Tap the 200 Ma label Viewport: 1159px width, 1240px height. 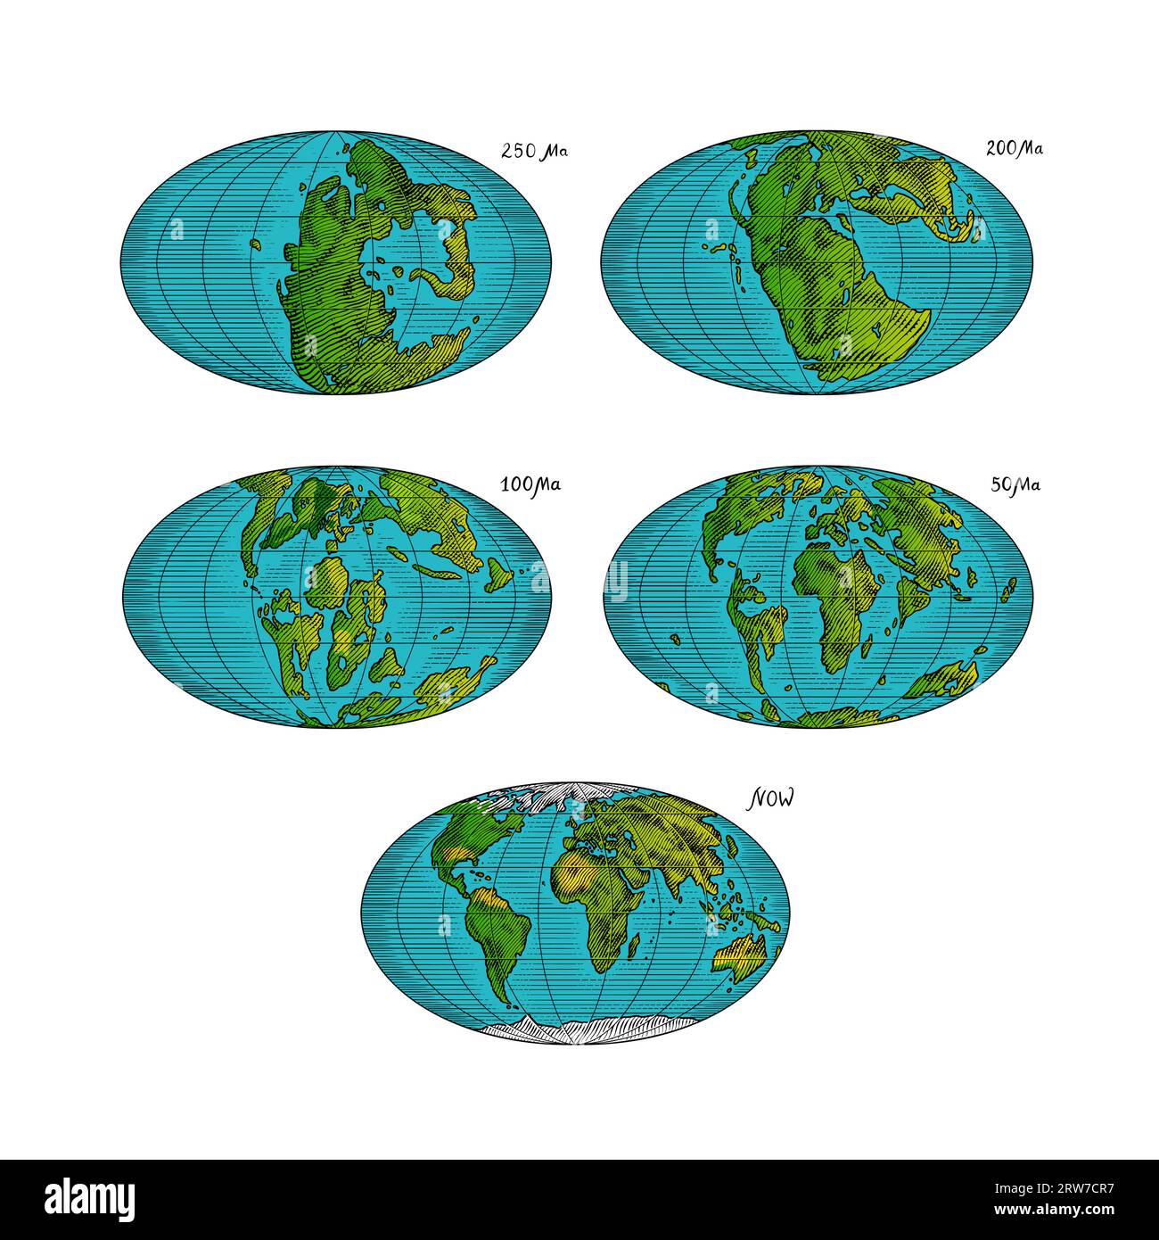click(1014, 148)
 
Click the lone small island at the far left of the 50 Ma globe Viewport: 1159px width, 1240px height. click(675, 638)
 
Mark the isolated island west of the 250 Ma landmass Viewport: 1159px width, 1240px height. click(255, 244)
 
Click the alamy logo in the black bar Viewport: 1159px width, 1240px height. click(79, 1196)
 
